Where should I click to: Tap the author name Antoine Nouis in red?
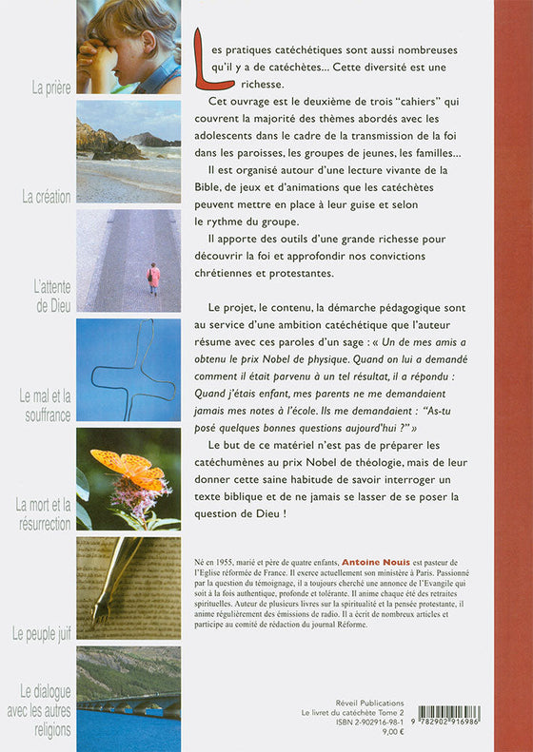click(376, 562)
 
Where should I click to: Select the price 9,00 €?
click(394, 732)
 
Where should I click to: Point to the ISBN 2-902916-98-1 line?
click(369, 723)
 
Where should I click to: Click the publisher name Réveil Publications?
click(369, 704)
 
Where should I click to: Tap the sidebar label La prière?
click(51, 88)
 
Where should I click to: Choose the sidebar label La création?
click(47, 197)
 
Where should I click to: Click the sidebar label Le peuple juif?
click(42, 634)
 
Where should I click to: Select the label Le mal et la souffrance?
click(46, 406)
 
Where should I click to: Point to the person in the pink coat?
click(153, 279)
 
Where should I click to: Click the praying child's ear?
click(149, 41)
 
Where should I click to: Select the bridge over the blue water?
click(128, 704)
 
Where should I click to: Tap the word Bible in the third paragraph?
click(207, 187)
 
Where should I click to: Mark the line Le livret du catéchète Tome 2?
click(353, 713)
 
